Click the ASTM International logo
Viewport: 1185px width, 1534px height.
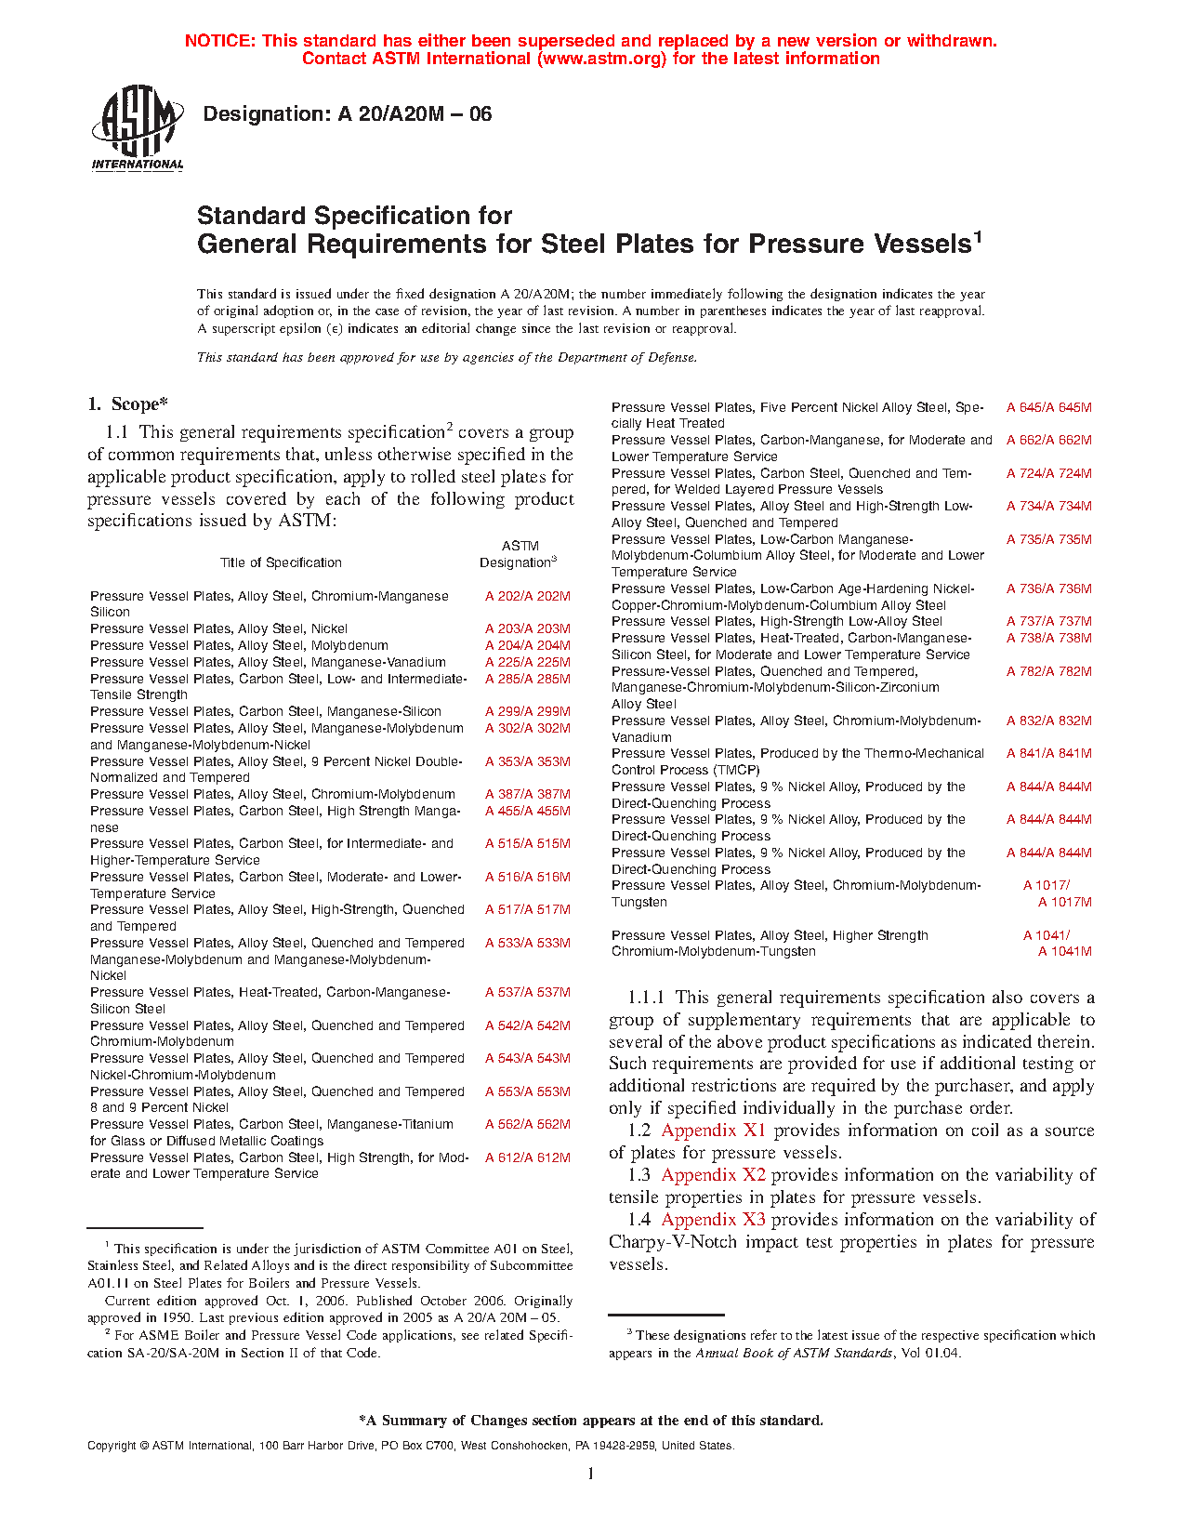click(x=137, y=127)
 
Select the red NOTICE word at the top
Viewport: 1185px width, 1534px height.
click(x=219, y=41)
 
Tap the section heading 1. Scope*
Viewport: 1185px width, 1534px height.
click(x=127, y=404)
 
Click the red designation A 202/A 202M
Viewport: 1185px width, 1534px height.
click(x=527, y=596)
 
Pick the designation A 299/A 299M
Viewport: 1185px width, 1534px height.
click(x=527, y=711)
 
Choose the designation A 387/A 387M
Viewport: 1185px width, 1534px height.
click(x=527, y=794)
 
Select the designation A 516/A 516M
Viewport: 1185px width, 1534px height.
click(x=527, y=877)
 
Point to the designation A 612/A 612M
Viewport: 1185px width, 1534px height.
click(x=527, y=1157)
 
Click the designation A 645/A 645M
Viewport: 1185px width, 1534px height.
click(x=1048, y=407)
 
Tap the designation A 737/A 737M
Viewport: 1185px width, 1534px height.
click(x=1048, y=621)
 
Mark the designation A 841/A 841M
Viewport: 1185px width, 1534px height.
click(x=1048, y=753)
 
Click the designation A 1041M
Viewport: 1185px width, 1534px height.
click(x=1064, y=951)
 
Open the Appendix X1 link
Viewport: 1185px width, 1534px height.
click(x=713, y=1131)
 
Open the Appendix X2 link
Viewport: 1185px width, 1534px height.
click(x=713, y=1175)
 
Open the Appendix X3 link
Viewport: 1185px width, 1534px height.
click(x=713, y=1220)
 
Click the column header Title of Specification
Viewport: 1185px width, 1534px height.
click(x=281, y=562)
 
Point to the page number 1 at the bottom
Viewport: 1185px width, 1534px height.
click(x=591, y=1474)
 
